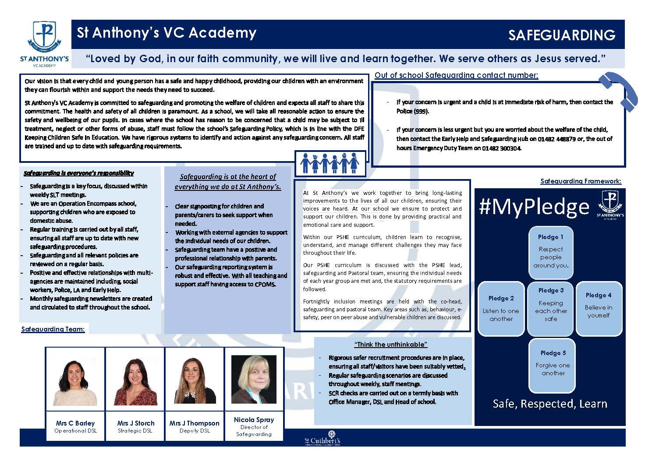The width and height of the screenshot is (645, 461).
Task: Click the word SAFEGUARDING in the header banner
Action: click(562, 35)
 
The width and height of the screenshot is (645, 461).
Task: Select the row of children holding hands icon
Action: click(330, 162)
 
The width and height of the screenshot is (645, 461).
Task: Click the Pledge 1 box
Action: click(551, 252)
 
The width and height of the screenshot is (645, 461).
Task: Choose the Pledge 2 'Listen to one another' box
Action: click(501, 309)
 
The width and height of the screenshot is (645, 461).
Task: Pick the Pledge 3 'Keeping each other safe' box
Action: click(551, 306)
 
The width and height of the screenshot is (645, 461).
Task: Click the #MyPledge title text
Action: click(534, 206)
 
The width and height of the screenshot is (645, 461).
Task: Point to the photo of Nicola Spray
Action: click(254, 379)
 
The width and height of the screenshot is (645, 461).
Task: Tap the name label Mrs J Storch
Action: click(136, 423)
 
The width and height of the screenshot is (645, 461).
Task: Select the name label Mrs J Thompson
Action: click(195, 423)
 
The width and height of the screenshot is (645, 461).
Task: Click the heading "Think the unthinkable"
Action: click(390, 345)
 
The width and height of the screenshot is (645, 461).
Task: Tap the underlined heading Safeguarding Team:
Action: click(53, 329)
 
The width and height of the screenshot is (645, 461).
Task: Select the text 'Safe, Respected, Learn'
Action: click(550, 404)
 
